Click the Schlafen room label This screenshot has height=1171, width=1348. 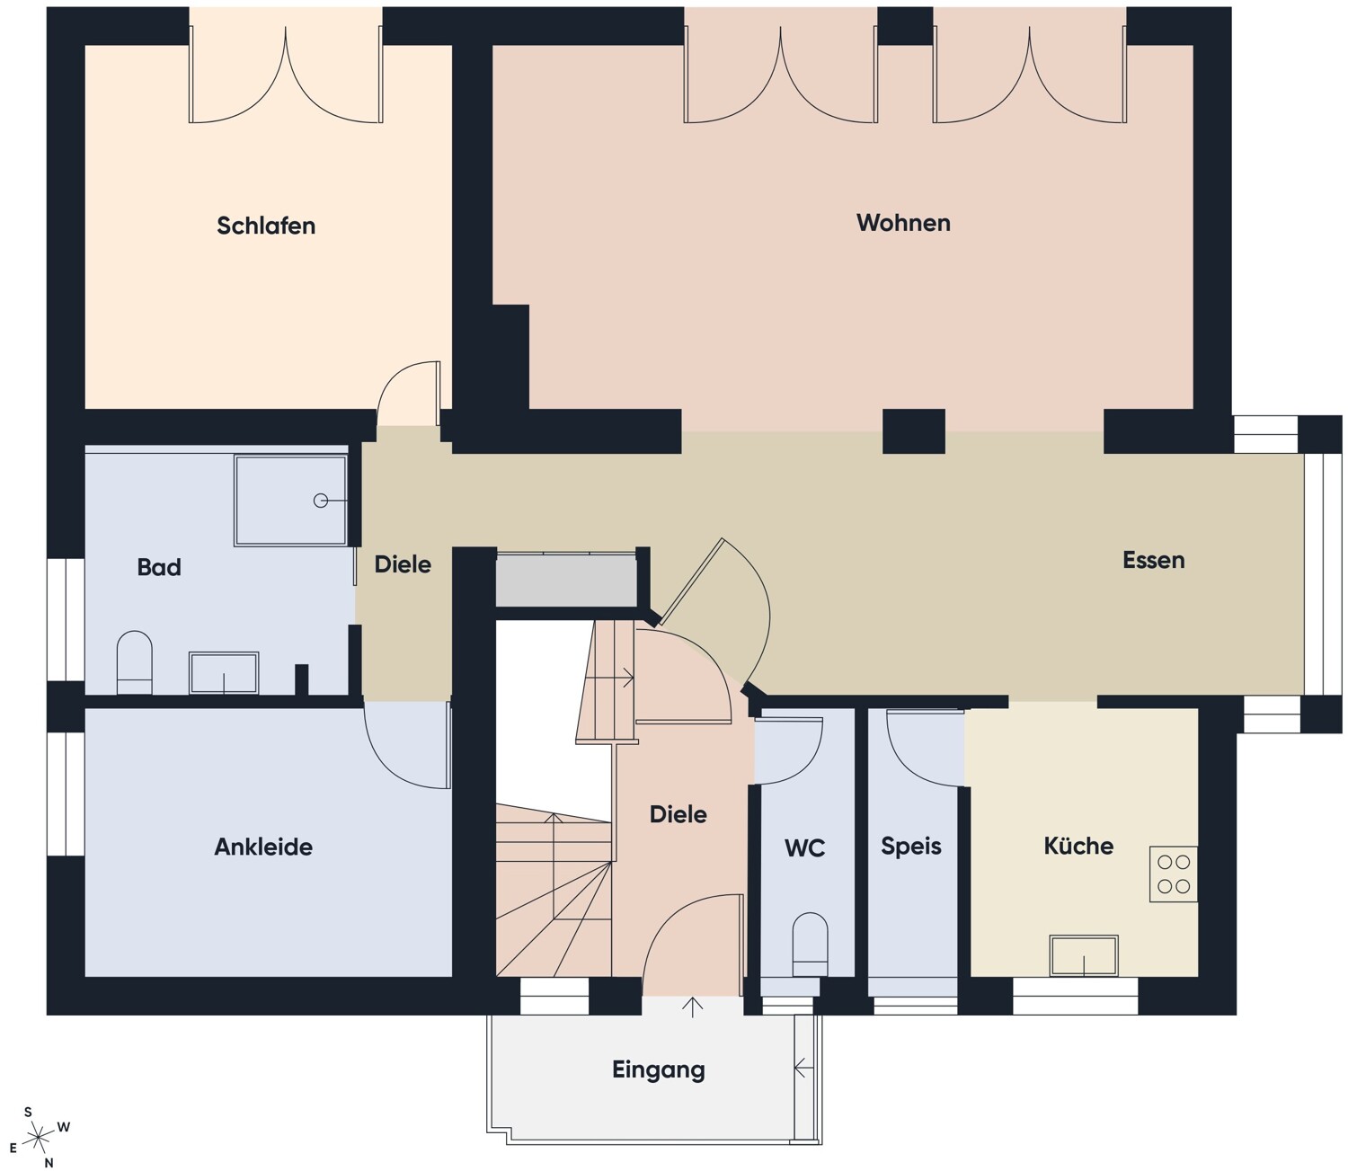point(265,226)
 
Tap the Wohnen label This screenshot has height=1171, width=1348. point(903,223)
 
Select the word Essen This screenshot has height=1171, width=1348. point(1153,560)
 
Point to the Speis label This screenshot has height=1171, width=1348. point(911,847)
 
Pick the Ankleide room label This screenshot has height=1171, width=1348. point(263,847)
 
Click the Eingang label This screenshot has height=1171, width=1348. point(658,1069)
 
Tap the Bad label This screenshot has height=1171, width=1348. point(159,567)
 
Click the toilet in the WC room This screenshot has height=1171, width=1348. point(810,944)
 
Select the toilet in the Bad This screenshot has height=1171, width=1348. point(135,662)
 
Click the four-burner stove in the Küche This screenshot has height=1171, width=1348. point(1174,874)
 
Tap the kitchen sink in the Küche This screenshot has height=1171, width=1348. point(1084,955)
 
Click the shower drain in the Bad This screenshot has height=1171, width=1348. point(321,501)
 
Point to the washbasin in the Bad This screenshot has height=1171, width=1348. point(224,672)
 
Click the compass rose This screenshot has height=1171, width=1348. point(39,1136)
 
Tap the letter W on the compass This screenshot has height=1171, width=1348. point(63,1127)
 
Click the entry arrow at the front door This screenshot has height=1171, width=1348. point(692,1007)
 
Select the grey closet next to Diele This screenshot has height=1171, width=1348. point(566,580)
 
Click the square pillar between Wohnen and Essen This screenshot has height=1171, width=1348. point(913,431)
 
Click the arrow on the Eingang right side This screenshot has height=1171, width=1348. point(803,1067)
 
